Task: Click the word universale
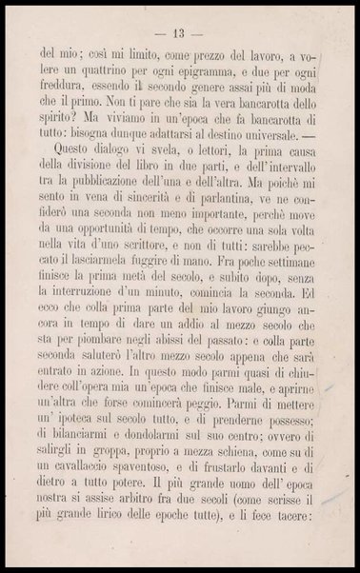click(x=281, y=141)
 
